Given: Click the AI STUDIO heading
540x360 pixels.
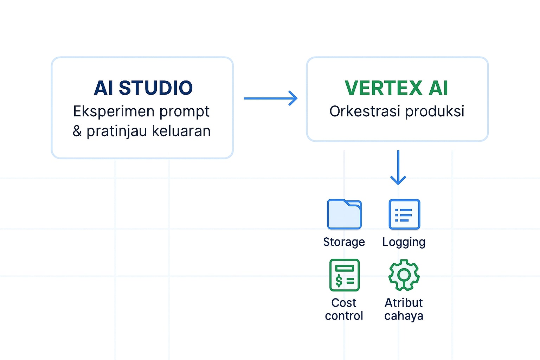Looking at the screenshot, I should click(143, 88).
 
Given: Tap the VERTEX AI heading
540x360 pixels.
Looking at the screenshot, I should click(397, 88).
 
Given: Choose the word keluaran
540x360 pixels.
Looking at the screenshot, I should click(181, 131).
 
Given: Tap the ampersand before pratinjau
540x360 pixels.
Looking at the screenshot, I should click(77, 131).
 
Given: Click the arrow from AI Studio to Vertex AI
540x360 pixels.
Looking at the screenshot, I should click(271, 98).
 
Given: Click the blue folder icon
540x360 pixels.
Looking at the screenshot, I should click(344, 214).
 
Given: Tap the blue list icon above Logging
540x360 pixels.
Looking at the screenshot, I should click(404, 214).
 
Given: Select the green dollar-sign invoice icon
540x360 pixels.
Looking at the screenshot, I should click(345, 275).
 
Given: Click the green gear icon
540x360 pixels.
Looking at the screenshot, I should click(404, 275).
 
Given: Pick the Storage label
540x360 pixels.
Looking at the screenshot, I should click(344, 242).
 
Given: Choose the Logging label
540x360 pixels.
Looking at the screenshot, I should click(404, 242).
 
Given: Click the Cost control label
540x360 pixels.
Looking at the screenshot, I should click(344, 309).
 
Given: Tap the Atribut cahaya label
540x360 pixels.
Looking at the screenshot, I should click(404, 309).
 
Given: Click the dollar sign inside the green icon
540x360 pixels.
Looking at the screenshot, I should click(339, 281).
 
